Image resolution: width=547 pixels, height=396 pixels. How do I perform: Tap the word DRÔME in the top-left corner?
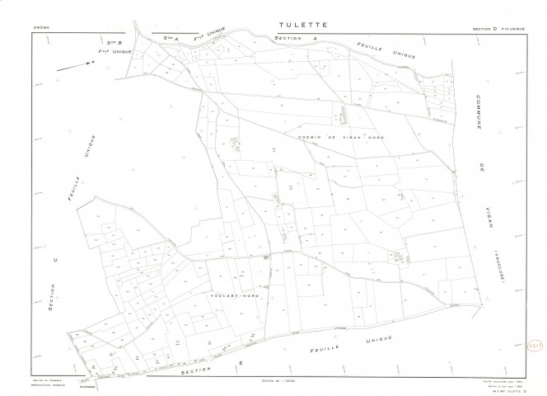(x=41, y=28)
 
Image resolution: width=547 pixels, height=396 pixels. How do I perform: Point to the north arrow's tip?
(x=91, y=63)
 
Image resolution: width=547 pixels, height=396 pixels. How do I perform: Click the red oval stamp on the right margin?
(x=531, y=349)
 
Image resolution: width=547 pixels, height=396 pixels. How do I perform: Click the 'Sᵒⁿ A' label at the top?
(x=171, y=38)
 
